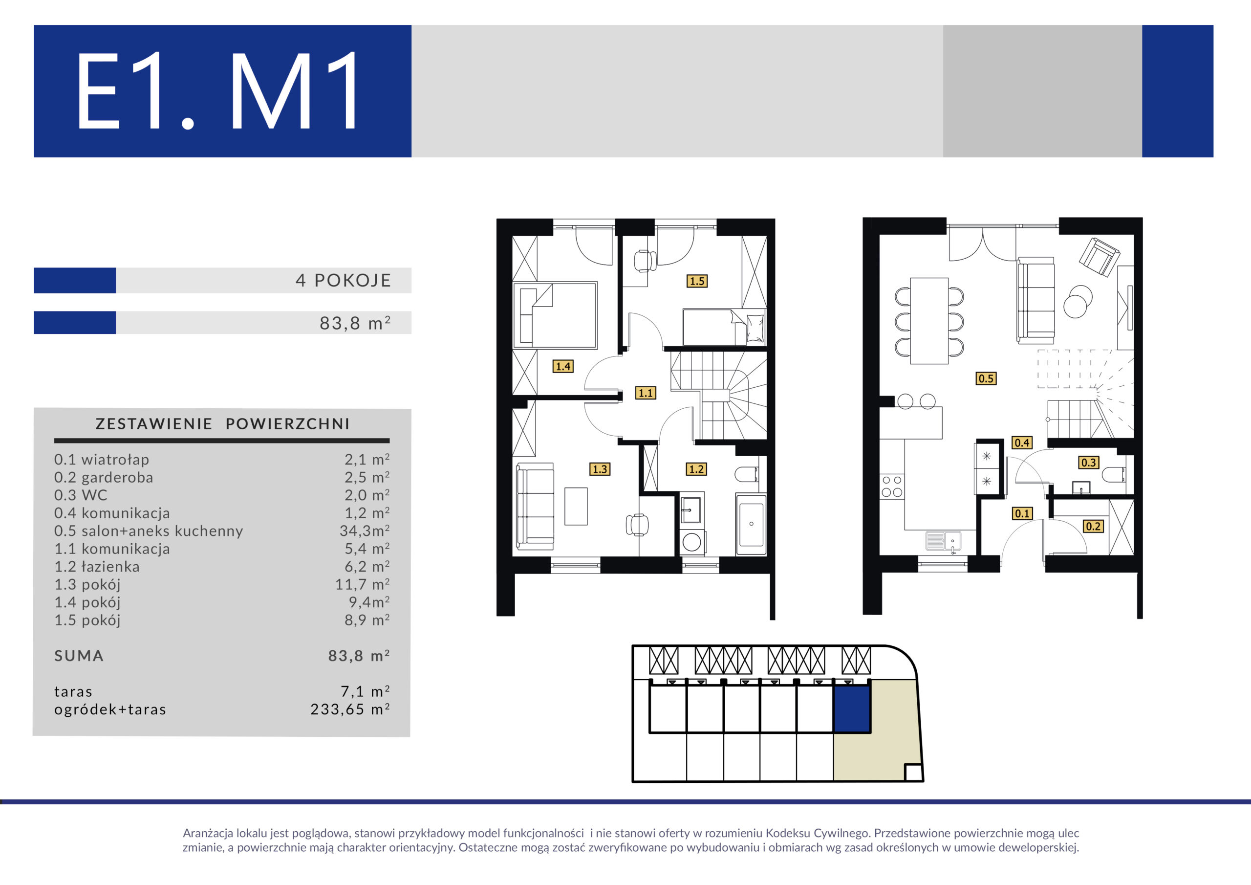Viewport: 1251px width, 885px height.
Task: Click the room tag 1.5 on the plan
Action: (697, 281)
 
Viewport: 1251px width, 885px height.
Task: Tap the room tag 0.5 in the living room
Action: (986, 378)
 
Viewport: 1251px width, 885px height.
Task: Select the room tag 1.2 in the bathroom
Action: (696, 469)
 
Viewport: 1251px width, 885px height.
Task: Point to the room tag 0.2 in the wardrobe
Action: (1093, 526)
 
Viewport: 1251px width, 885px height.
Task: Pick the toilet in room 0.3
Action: (1114, 474)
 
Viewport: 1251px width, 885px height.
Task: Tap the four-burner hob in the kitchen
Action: (892, 487)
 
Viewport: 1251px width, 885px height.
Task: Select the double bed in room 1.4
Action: (555, 315)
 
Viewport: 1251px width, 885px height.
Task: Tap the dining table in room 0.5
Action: (929, 321)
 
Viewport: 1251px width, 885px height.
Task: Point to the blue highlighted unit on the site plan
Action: (852, 709)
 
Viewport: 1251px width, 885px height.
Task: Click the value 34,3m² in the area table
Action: (365, 531)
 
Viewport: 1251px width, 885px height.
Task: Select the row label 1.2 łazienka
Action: (97, 567)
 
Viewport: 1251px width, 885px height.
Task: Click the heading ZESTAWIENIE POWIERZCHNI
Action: (222, 424)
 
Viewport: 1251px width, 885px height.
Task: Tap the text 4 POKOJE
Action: (343, 280)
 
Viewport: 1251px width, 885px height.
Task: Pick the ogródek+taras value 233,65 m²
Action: (350, 709)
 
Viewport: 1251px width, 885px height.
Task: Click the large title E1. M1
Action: (218, 90)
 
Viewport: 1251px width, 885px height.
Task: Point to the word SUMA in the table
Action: (79, 656)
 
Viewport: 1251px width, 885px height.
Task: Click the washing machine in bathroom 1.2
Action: (692, 542)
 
